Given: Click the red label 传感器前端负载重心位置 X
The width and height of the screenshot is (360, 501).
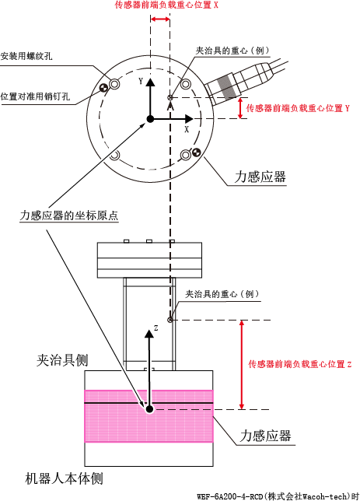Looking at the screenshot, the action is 166,5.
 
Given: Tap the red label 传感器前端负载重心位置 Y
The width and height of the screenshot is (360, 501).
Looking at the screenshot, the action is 298,108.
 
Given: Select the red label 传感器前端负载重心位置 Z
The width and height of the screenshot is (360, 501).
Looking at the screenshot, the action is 300,364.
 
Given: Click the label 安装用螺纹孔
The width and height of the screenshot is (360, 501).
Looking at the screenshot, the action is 26,56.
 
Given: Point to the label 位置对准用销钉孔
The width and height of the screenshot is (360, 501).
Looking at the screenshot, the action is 35,96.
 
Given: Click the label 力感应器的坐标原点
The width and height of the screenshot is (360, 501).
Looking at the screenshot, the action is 69,215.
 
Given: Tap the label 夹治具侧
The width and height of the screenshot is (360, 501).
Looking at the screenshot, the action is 62,360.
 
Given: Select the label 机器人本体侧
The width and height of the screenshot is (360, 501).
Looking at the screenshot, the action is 64,478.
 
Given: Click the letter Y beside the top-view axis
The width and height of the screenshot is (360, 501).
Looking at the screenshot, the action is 141,81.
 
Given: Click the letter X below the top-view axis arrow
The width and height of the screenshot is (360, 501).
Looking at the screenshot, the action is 187,129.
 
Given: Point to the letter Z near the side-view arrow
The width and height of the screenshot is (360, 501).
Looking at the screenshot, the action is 156,328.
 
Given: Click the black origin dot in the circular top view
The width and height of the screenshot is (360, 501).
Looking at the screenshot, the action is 150,119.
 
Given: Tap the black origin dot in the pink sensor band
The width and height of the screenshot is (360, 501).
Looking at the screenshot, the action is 149,409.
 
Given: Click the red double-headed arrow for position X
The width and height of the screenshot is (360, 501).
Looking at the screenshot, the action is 160,19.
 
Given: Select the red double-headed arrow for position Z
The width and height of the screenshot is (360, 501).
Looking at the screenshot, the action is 242,365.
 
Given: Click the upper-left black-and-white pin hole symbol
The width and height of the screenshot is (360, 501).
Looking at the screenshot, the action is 104,88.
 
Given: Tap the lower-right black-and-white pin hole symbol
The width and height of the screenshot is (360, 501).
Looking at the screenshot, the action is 196,152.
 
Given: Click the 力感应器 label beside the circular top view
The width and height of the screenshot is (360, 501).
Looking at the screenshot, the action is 260,177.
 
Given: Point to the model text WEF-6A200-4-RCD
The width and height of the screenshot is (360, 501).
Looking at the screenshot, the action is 230,496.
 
